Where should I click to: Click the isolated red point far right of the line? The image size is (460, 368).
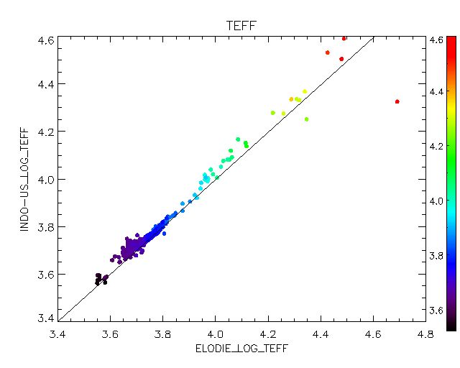tap(397, 101)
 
